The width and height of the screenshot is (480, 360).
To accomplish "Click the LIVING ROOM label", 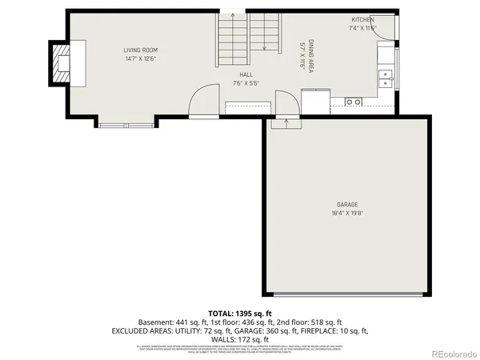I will pyautogui.click(x=139, y=50).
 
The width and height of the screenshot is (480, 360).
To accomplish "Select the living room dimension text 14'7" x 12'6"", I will pyautogui.click(x=139, y=58).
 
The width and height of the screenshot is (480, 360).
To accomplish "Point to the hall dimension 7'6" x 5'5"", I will pyautogui.click(x=246, y=82).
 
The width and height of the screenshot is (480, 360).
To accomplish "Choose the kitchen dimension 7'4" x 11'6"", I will pyautogui.click(x=363, y=28).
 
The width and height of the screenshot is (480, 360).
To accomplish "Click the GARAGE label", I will pyautogui.click(x=346, y=205).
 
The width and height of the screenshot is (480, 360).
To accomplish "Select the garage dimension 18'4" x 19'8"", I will pyautogui.click(x=346, y=214).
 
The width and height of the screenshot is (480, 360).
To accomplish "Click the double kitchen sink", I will pyautogui.click(x=386, y=78).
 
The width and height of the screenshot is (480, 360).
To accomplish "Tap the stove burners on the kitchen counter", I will pyautogui.click(x=353, y=102).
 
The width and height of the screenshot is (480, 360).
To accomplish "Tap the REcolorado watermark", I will pyautogui.click(x=452, y=353).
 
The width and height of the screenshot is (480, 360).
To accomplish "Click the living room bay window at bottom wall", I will pyautogui.click(x=127, y=124).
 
